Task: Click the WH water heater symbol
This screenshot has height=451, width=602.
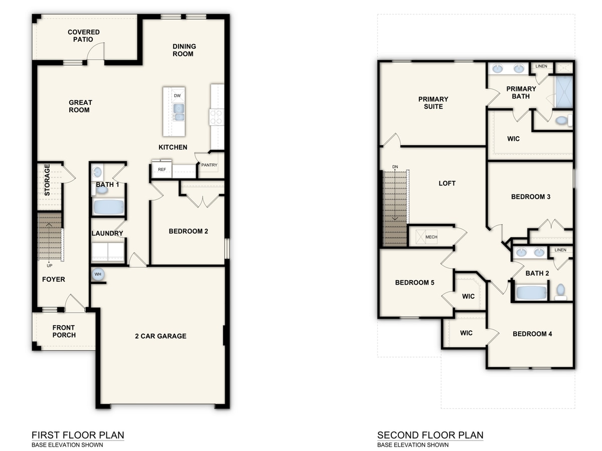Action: (98, 275)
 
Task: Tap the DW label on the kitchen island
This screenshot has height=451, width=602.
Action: (177, 95)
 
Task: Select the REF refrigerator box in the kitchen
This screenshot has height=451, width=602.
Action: (162, 170)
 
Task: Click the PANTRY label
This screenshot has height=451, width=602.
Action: (209, 165)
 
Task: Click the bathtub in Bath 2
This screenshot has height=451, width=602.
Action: (531, 292)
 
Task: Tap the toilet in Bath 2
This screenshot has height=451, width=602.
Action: (561, 291)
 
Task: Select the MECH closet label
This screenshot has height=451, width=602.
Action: (431, 237)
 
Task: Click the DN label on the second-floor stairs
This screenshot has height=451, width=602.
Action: (395, 167)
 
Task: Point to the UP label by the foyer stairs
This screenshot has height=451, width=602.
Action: (49, 266)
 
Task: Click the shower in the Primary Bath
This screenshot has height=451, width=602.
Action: (564, 91)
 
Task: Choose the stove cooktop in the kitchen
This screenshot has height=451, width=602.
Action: (216, 117)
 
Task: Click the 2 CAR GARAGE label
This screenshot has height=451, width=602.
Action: (161, 336)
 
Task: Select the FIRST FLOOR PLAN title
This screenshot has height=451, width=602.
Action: (78, 435)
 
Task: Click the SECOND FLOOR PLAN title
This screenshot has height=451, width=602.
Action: (430, 435)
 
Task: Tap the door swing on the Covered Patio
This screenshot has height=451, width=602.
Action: (95, 51)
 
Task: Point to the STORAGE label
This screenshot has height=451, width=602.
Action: (47, 179)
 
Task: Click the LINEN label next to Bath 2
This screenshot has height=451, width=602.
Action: (560, 250)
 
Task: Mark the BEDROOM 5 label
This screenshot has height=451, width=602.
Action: (414, 283)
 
